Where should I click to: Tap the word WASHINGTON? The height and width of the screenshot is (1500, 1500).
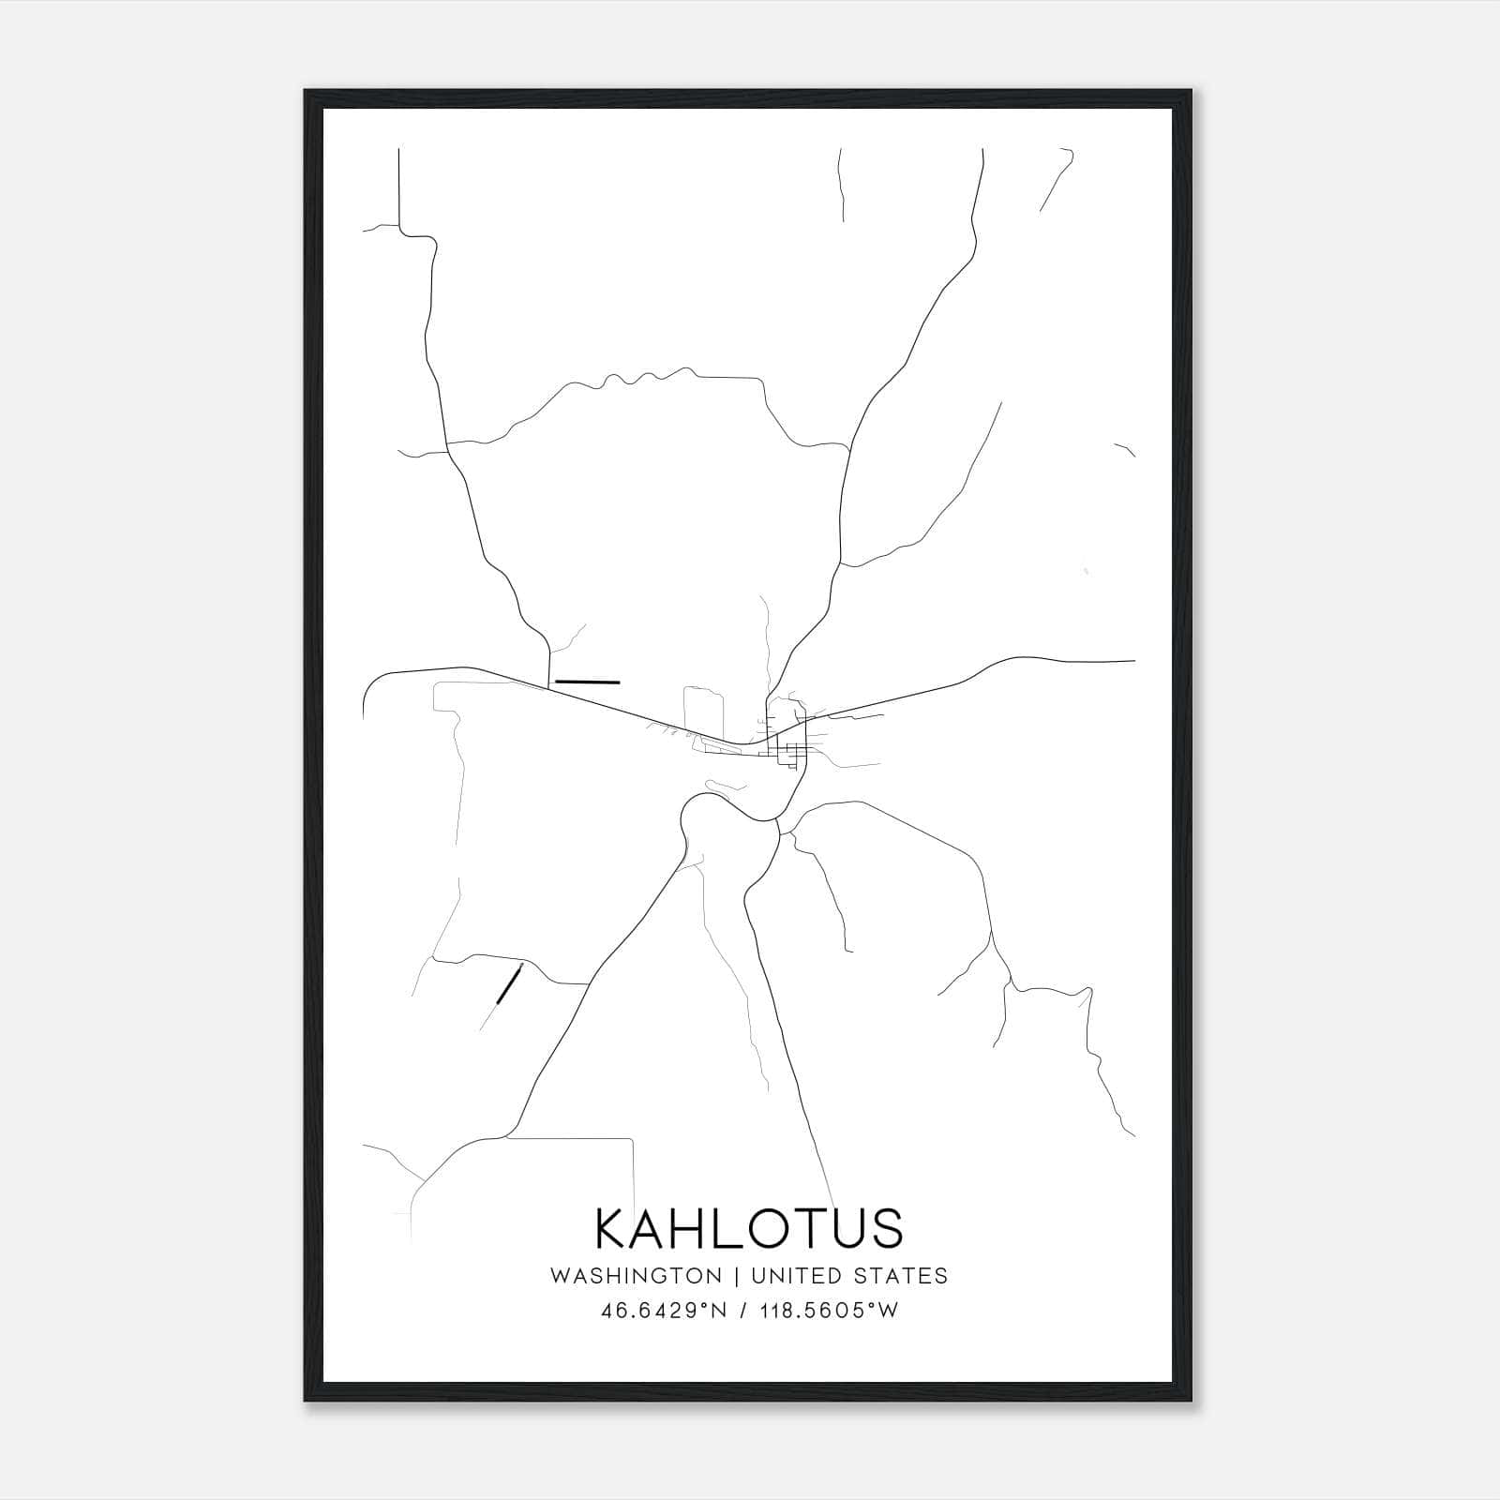click(x=636, y=1276)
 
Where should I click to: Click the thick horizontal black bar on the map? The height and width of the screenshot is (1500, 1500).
click(x=588, y=682)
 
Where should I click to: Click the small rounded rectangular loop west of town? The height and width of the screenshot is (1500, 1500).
click(x=704, y=712)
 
